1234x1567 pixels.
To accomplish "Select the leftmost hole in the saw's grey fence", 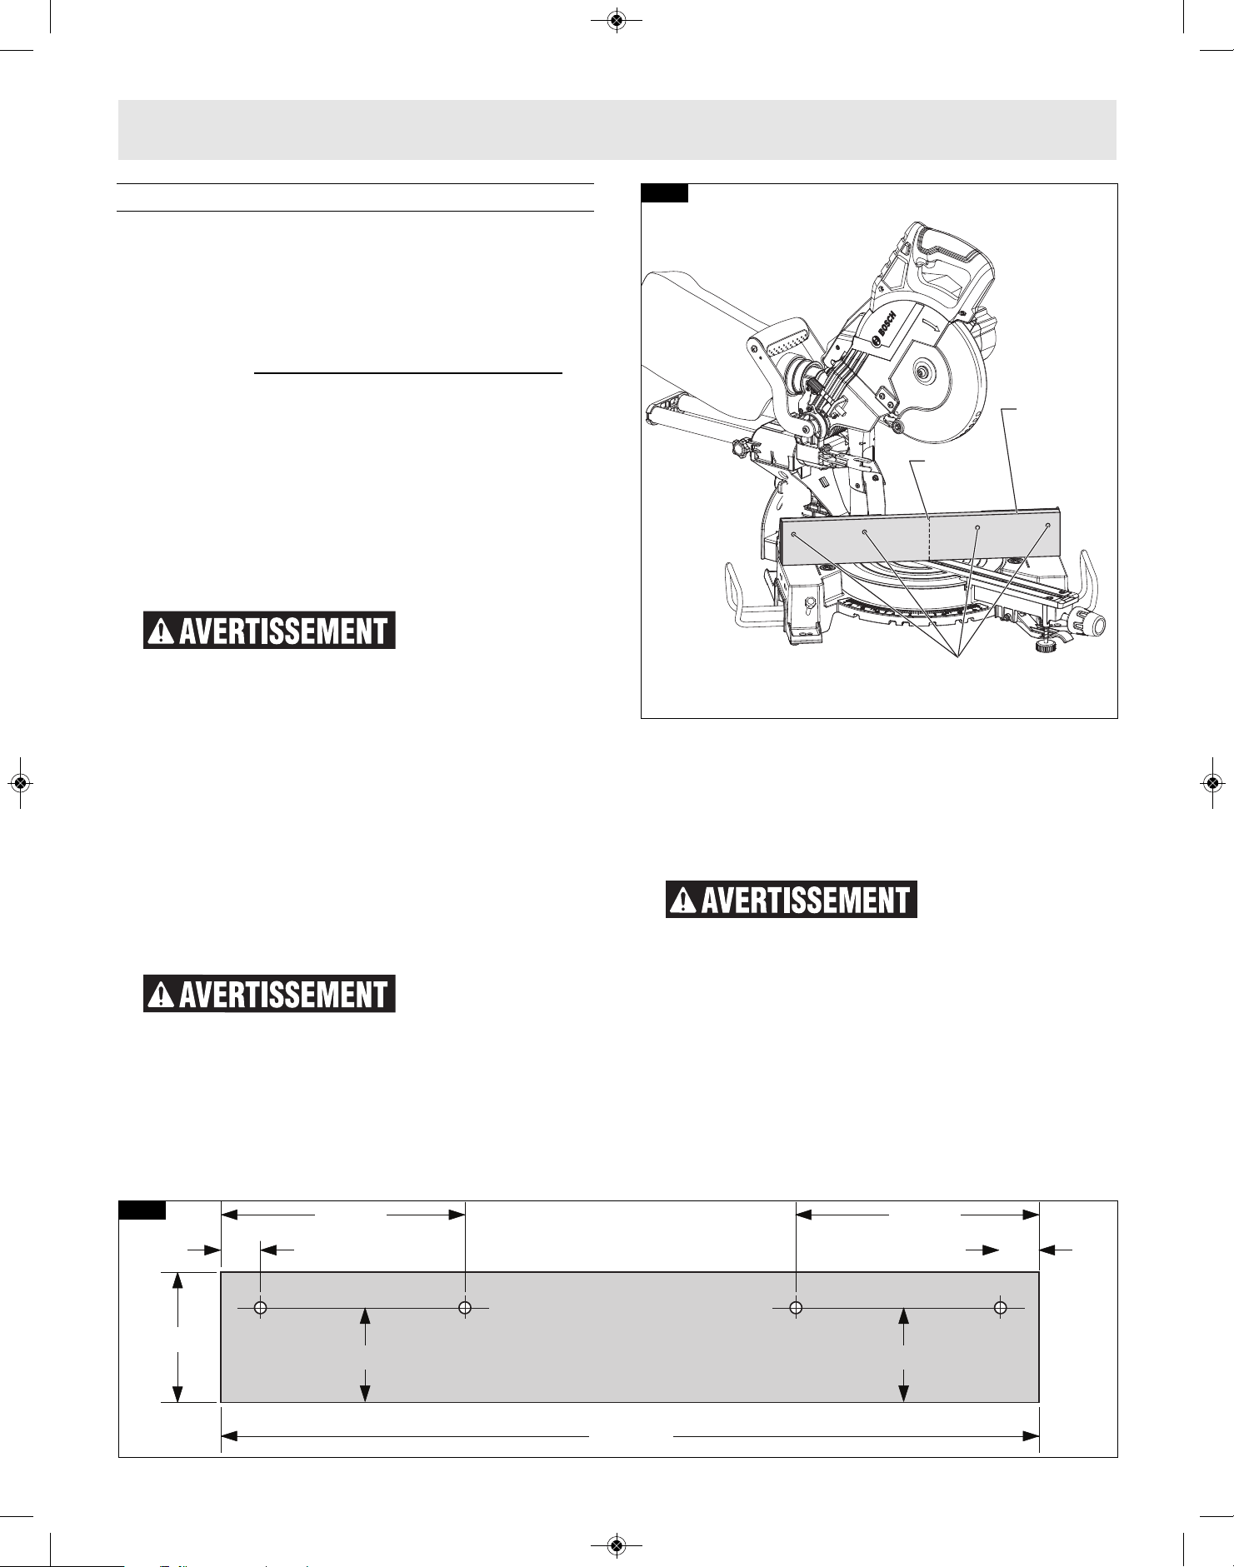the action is click(x=794, y=534).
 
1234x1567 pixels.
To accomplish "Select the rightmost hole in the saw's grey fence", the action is click(x=1047, y=526).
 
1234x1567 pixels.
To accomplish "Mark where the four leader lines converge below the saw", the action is click(x=957, y=658).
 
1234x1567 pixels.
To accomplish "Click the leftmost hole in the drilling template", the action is click(x=260, y=1308).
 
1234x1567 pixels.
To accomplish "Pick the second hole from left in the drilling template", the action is click(x=465, y=1308).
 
